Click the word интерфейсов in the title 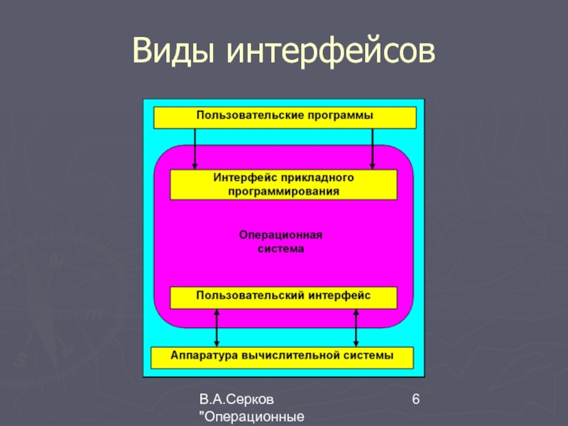coord(329,52)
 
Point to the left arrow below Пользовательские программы coord(195,148)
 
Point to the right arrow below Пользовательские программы coord(372,148)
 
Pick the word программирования coord(283,190)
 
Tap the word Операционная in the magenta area coord(281,235)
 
